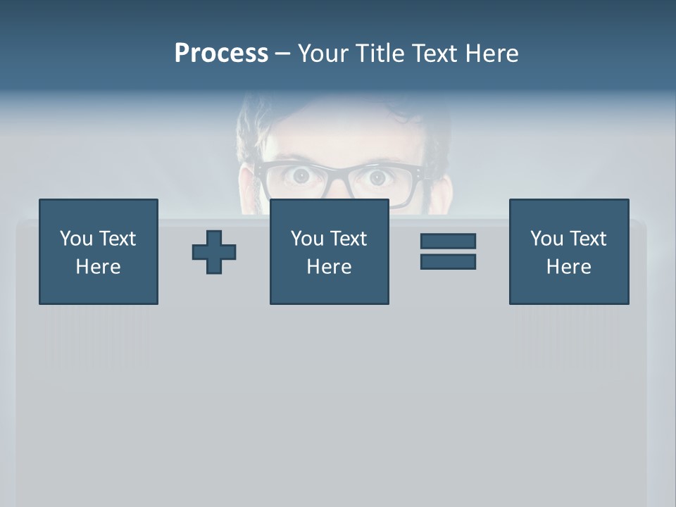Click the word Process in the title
(221, 54)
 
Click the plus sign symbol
(214, 252)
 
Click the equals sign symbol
(448, 251)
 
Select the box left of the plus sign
(99, 251)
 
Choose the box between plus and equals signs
(330, 251)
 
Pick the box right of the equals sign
(569, 251)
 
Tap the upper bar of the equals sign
(448, 242)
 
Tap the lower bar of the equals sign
(448, 261)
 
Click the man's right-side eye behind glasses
(379, 178)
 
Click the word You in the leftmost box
(75, 239)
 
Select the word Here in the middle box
(330, 267)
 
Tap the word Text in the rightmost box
(587, 239)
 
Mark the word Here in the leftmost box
(99, 267)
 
